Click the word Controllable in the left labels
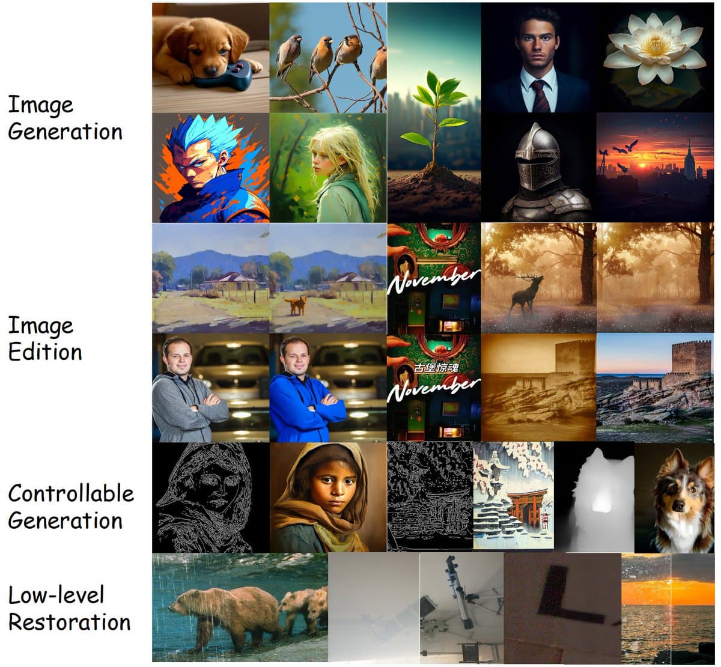point(71,493)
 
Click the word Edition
point(45,352)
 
